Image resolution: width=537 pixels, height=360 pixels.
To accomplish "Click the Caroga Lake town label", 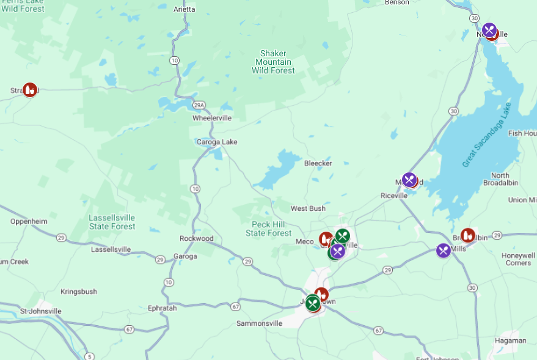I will point(217,142).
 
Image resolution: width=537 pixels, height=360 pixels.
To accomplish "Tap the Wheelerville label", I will point(212,118).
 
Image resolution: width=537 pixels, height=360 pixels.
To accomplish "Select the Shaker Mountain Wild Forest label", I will point(273,62).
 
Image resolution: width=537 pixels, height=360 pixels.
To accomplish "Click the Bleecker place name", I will point(318,163).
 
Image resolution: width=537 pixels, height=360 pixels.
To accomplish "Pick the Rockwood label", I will point(196,238).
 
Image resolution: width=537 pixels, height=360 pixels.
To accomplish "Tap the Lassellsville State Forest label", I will point(112,222).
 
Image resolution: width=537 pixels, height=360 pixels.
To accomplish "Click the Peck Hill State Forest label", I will point(269,229).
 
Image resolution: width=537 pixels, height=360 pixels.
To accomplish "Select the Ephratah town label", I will point(162,308).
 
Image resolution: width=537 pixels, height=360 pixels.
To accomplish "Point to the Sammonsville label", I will point(259,323).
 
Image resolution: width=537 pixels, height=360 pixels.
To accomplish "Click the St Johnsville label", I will point(41,311).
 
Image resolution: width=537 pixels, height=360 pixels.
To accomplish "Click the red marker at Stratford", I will point(29,90).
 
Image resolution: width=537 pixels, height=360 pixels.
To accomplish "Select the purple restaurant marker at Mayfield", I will point(409,179).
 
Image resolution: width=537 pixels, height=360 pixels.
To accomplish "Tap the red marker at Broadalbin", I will point(468,235).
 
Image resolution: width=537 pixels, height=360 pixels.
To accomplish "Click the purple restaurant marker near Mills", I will point(444,250).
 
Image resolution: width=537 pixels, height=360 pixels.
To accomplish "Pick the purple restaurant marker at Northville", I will point(489,29).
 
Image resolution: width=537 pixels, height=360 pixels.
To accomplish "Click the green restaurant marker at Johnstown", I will point(313,303).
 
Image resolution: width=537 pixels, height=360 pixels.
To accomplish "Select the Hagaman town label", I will point(511,340).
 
